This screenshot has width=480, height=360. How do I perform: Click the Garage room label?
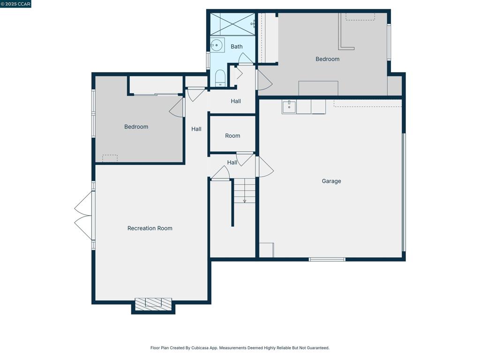[331, 181]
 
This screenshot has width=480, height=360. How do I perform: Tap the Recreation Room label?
[150, 228]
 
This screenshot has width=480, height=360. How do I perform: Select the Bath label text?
[236, 46]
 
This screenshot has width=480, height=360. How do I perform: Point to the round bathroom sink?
[217, 45]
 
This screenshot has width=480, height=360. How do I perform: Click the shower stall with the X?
[232, 24]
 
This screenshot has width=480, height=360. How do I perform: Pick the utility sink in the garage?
[289, 107]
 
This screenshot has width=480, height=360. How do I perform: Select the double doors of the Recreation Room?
[83, 216]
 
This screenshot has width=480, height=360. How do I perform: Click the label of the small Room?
[232, 135]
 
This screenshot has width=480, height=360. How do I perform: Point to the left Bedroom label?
[136, 127]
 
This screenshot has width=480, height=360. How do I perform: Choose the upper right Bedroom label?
[328, 59]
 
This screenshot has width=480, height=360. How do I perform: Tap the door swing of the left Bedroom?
[177, 107]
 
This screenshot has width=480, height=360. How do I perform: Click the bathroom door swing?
[246, 58]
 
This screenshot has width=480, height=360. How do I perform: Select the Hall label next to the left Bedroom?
[196, 129]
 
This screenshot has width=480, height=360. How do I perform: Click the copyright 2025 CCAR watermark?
[15, 4]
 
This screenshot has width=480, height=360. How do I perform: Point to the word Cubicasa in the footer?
[200, 348]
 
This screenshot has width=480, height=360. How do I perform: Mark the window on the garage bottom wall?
[327, 260]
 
